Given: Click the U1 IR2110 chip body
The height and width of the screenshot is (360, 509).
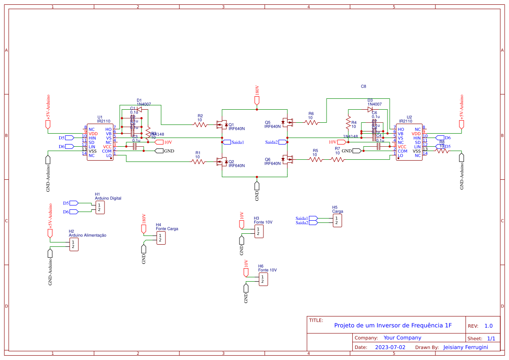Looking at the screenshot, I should [100, 143].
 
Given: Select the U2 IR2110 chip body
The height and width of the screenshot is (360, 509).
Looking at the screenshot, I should [408, 143].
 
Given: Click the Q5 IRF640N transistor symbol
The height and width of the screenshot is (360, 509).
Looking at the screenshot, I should [287, 122].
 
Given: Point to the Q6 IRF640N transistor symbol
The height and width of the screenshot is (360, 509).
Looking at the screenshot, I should [287, 159].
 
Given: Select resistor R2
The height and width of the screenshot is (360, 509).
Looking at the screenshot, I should [200, 125].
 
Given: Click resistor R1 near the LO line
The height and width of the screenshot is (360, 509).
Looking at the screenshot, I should [198, 162].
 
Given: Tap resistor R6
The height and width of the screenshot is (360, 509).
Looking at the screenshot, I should [311, 123].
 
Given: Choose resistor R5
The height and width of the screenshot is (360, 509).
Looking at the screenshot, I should [316, 160].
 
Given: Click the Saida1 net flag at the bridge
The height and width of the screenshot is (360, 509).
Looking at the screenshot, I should [226, 142].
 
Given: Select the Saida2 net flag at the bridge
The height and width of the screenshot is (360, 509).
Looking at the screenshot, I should [282, 142].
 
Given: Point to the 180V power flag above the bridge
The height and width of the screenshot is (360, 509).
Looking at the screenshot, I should [257, 101].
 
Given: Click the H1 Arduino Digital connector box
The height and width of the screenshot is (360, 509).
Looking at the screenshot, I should [100, 207].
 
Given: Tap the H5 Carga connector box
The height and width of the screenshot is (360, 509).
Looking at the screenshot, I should [337, 221].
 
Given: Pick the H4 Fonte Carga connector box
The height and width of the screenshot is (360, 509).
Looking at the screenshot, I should [161, 238].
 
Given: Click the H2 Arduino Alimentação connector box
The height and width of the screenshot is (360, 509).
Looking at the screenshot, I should [74, 245].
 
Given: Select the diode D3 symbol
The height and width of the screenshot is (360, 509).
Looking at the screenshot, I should [370, 109].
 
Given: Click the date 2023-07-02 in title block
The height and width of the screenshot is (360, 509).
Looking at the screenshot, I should [390, 347].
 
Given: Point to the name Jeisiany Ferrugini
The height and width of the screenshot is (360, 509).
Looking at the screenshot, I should [465, 347].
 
